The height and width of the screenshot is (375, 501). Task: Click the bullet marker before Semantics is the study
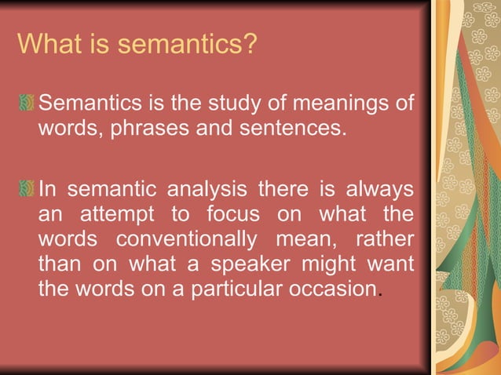pyautogui.click(x=27, y=103)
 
